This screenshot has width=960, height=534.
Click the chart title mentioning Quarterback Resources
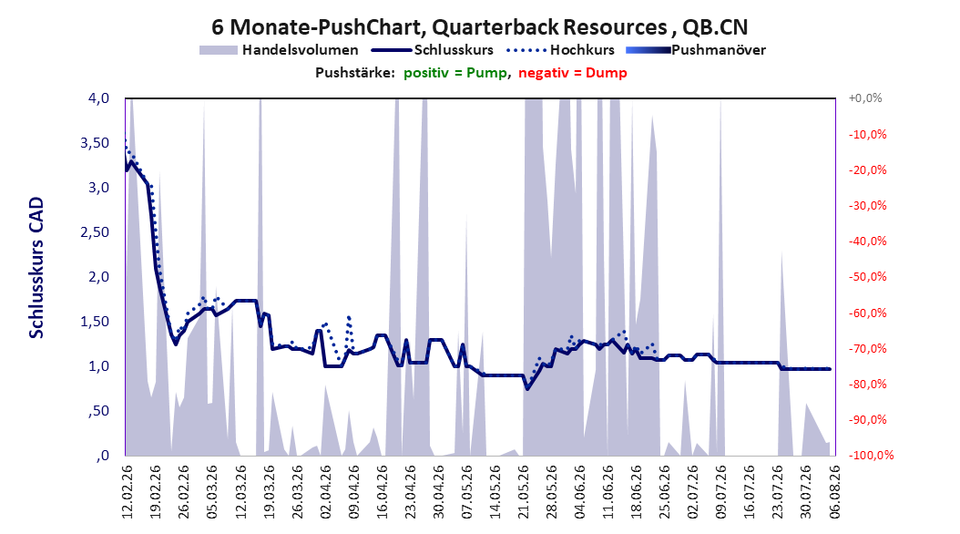click(479, 27)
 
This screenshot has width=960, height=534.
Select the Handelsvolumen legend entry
click(280, 50)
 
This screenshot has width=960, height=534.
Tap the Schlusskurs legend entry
click(433, 50)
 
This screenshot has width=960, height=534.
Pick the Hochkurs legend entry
click(560, 50)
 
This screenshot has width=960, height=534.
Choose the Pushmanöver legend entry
click(696, 50)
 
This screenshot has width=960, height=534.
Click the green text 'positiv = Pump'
click(454, 73)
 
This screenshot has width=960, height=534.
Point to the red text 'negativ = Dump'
click(573, 73)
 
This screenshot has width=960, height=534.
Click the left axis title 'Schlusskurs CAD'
click(36, 268)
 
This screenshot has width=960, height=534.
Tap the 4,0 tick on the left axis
click(97, 98)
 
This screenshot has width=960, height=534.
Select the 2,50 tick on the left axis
click(95, 232)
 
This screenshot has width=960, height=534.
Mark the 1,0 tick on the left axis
click(98, 366)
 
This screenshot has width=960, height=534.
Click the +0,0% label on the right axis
click(865, 98)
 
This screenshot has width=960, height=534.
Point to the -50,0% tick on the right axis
click(867, 277)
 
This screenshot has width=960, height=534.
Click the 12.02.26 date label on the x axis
click(128, 491)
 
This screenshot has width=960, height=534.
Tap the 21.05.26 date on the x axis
click(524, 491)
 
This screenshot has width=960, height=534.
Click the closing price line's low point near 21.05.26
click(527, 389)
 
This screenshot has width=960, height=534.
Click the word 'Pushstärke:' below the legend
click(355, 73)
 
